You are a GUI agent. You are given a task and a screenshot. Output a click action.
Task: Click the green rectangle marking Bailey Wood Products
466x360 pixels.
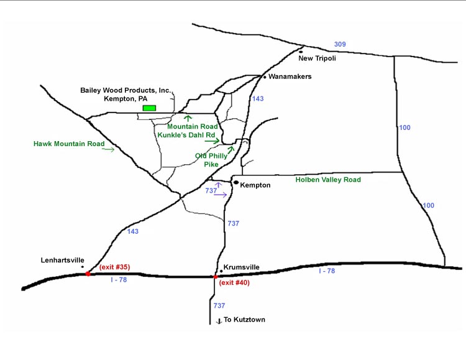pyautogui.click(x=149, y=108)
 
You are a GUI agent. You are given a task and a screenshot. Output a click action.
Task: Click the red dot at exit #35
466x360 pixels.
pyautogui.click(x=88, y=273)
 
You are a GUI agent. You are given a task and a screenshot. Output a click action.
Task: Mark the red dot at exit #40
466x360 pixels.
pyautogui.click(x=216, y=277)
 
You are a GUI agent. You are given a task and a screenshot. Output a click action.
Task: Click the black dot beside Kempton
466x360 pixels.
pyautogui.click(x=235, y=183)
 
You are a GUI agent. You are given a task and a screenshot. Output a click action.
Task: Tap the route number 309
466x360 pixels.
pyautogui.click(x=339, y=44)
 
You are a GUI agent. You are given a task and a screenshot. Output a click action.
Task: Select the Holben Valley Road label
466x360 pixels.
pyautogui.click(x=328, y=180)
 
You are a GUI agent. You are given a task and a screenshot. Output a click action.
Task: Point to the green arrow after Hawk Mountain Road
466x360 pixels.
pyautogui.click(x=109, y=149)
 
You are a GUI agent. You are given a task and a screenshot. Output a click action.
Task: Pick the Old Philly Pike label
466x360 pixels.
pyautogui.click(x=213, y=159)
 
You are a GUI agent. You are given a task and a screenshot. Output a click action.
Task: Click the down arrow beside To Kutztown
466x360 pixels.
pyautogui.click(x=218, y=321)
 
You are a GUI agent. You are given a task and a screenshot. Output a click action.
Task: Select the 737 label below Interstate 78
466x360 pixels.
pyautogui.click(x=218, y=305)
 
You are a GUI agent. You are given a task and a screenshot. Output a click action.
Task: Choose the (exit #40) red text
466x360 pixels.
pyautogui.click(x=235, y=283)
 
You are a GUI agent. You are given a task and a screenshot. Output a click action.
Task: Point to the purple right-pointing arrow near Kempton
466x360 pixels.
pyautogui.click(x=220, y=195)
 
